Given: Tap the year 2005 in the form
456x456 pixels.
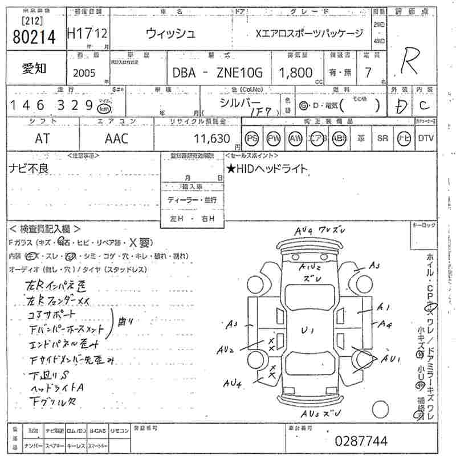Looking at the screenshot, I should click(85, 72).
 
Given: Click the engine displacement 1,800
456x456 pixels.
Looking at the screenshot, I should click(295, 72).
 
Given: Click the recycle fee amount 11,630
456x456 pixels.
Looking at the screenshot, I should click(211, 139).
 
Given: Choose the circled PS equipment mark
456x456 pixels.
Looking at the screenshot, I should click(251, 139).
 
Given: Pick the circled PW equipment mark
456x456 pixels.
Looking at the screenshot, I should click(274, 139).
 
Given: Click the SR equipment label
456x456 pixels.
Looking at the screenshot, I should click(382, 139).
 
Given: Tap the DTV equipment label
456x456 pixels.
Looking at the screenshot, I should click(425, 139).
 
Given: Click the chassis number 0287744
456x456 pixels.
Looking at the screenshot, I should click(361, 441).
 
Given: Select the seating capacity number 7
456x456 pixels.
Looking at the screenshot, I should click(367, 72).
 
